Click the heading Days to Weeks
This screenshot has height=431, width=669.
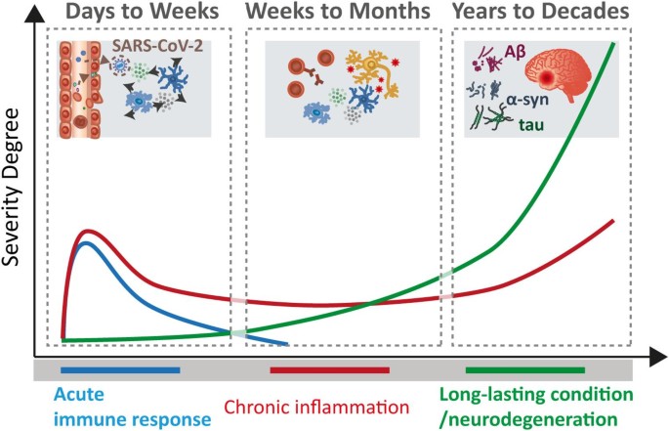143,12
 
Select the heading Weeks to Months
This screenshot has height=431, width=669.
338,12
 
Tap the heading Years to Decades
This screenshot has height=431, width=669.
541,12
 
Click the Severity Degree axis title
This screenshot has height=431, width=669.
11,187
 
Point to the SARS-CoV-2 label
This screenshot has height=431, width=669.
157,46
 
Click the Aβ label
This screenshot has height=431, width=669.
515,52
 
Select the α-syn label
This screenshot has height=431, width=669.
527,100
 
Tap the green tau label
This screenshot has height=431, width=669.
531,125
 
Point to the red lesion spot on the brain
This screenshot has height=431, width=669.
547,78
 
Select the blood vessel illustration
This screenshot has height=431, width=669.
80,89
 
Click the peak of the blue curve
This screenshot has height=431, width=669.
86,243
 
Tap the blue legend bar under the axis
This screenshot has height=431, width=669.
120,370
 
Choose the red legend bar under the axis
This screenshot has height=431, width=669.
330,370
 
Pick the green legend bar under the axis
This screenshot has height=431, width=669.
525,370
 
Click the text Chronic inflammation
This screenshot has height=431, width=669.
316,408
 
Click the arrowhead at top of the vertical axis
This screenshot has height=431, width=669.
35,13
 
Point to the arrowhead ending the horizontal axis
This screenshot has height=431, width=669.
658,357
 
